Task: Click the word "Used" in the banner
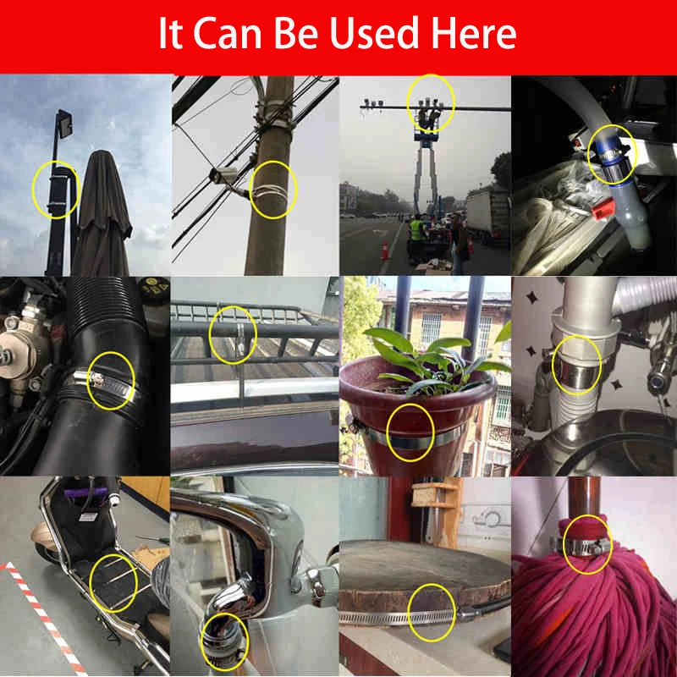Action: pyautogui.click(x=374, y=33)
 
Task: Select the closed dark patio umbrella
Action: pyautogui.click(x=102, y=213)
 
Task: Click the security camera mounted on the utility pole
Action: pyautogui.click(x=224, y=175)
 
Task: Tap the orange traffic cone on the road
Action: pyautogui.click(x=385, y=250)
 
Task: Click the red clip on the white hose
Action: pyautogui.click(x=603, y=208)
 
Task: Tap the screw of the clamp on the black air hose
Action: pyautogui.click(x=96, y=380)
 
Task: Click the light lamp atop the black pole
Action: pyautogui.click(x=65, y=124)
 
